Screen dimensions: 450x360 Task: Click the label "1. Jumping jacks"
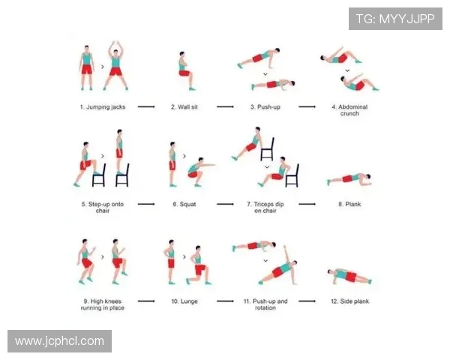pos(103,107)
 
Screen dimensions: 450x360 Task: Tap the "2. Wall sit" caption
pos(184,107)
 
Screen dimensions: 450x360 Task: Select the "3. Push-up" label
pos(265,107)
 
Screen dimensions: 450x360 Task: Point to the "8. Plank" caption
pos(349,204)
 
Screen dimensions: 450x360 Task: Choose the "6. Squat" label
pos(184,204)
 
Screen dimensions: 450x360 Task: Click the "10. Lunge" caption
pos(184,301)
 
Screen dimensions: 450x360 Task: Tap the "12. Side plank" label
pos(349,301)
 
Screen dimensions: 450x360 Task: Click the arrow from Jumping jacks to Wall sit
pos(146,106)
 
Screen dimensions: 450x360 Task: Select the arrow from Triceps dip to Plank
pos(307,204)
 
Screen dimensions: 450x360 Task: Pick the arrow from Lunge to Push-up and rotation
pos(225,301)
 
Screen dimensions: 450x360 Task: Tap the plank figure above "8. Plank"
pos(349,179)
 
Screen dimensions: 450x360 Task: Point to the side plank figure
pos(349,276)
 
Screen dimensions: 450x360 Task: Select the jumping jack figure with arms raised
pos(115,66)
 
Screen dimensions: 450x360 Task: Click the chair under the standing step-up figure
pos(122,175)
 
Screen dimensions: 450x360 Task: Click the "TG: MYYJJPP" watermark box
pos(395,19)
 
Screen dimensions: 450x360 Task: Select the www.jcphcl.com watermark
pos(60,341)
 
